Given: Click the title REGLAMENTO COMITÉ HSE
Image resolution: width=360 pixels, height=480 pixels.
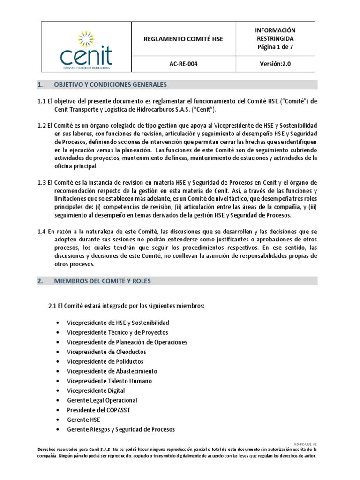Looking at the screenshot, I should (183, 39).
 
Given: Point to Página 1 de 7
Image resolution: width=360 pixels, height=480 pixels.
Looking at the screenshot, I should (277, 47).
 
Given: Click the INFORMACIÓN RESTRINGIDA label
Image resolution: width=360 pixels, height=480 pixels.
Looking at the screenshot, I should (277, 35).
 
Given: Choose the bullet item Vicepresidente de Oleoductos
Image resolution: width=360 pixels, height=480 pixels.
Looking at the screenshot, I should (106, 352).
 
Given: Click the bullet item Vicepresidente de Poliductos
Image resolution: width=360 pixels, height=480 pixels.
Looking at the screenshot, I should (105, 361).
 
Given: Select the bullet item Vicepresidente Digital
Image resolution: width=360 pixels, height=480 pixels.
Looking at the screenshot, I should (96, 390).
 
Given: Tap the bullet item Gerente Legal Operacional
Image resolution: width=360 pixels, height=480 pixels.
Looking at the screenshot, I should (102, 400).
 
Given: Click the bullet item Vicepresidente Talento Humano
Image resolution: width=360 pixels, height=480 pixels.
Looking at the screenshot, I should (109, 381).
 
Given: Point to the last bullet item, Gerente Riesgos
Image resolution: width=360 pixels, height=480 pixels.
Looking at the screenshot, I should (121, 429).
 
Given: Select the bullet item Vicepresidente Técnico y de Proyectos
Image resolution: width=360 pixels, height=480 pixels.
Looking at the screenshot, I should (117, 332).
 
